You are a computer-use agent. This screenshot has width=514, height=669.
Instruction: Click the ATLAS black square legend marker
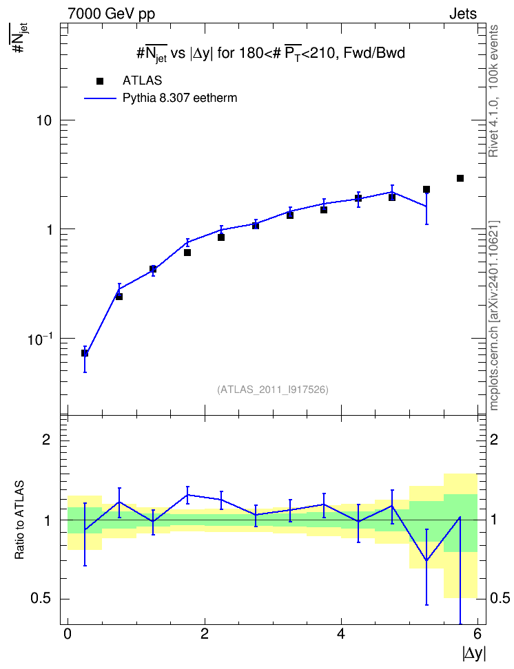click(x=100, y=81)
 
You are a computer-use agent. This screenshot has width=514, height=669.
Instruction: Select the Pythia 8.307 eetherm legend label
click(x=179, y=98)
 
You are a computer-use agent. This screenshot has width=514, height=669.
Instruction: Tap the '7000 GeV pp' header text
click(x=111, y=14)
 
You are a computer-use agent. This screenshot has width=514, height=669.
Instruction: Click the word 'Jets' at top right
click(x=463, y=14)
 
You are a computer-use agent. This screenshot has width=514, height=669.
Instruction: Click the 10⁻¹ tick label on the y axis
click(x=40, y=339)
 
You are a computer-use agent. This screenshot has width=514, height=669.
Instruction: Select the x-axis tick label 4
click(x=341, y=634)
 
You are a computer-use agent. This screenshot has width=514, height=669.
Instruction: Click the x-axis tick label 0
click(x=68, y=634)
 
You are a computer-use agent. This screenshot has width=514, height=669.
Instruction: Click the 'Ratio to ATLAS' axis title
click(x=19, y=520)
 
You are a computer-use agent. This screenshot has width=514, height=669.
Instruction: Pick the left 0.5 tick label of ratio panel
click(x=41, y=599)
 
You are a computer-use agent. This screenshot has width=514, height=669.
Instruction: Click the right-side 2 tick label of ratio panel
click(x=494, y=439)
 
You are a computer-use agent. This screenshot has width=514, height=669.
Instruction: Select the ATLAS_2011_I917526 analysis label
click(x=273, y=390)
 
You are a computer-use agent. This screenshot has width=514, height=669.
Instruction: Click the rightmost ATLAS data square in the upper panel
click(x=460, y=178)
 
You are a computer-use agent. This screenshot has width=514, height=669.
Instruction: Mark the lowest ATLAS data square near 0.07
click(x=85, y=353)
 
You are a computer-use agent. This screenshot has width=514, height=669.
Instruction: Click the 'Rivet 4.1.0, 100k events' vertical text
click(x=493, y=92)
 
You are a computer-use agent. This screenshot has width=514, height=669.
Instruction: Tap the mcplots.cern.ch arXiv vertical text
click(x=494, y=316)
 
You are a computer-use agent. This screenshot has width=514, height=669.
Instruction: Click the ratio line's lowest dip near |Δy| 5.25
click(x=426, y=561)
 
